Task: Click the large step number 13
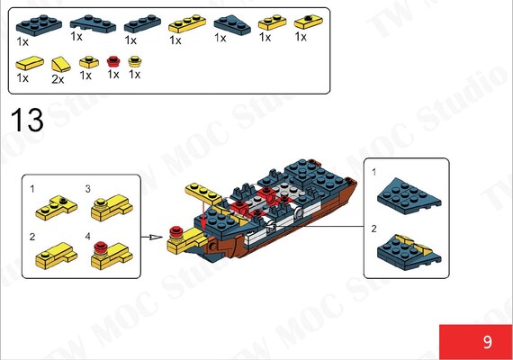tap(27, 120)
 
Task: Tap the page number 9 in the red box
tap(488, 342)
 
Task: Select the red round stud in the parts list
tap(113, 61)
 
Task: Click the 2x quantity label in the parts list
tap(58, 79)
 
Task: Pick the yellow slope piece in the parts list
tap(61, 64)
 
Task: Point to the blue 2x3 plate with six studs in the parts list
tap(39, 25)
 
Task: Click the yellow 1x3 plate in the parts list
tap(187, 23)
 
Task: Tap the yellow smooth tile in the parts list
tap(30, 63)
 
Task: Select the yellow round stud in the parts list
tap(134, 61)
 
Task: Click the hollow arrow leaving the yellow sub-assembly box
tap(152, 237)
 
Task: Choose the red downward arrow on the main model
tap(203, 215)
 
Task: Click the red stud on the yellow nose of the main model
tap(175, 232)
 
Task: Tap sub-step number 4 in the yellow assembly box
tap(87, 237)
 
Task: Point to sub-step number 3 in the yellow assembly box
tap(87, 189)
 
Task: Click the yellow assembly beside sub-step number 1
tap(57, 208)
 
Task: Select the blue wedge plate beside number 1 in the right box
tap(409, 196)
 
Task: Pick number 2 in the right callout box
tap(374, 229)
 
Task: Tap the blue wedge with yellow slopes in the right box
tap(409, 252)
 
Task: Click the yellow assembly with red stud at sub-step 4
tap(112, 255)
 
